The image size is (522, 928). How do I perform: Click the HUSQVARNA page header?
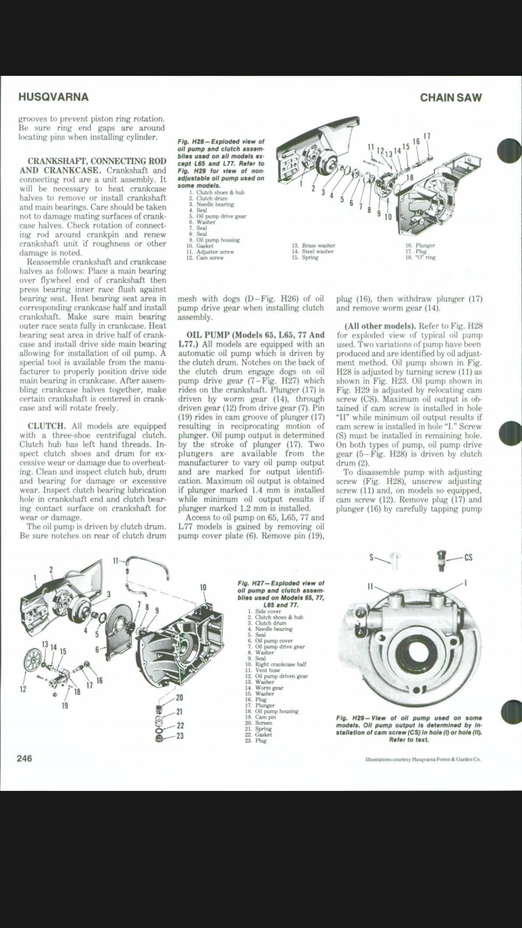tap(53, 97)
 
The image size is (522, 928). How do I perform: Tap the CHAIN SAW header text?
tap(451, 97)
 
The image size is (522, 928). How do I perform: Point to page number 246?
tap(25, 758)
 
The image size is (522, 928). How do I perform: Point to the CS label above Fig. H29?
tap(468, 557)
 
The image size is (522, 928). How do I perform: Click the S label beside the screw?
tap(372, 557)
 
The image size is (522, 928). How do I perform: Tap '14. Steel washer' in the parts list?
tap(313, 251)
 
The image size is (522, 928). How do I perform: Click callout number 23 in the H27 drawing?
tap(180, 736)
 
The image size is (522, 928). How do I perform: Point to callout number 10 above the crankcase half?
tap(203, 587)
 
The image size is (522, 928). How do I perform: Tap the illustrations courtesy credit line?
tap(423, 760)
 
